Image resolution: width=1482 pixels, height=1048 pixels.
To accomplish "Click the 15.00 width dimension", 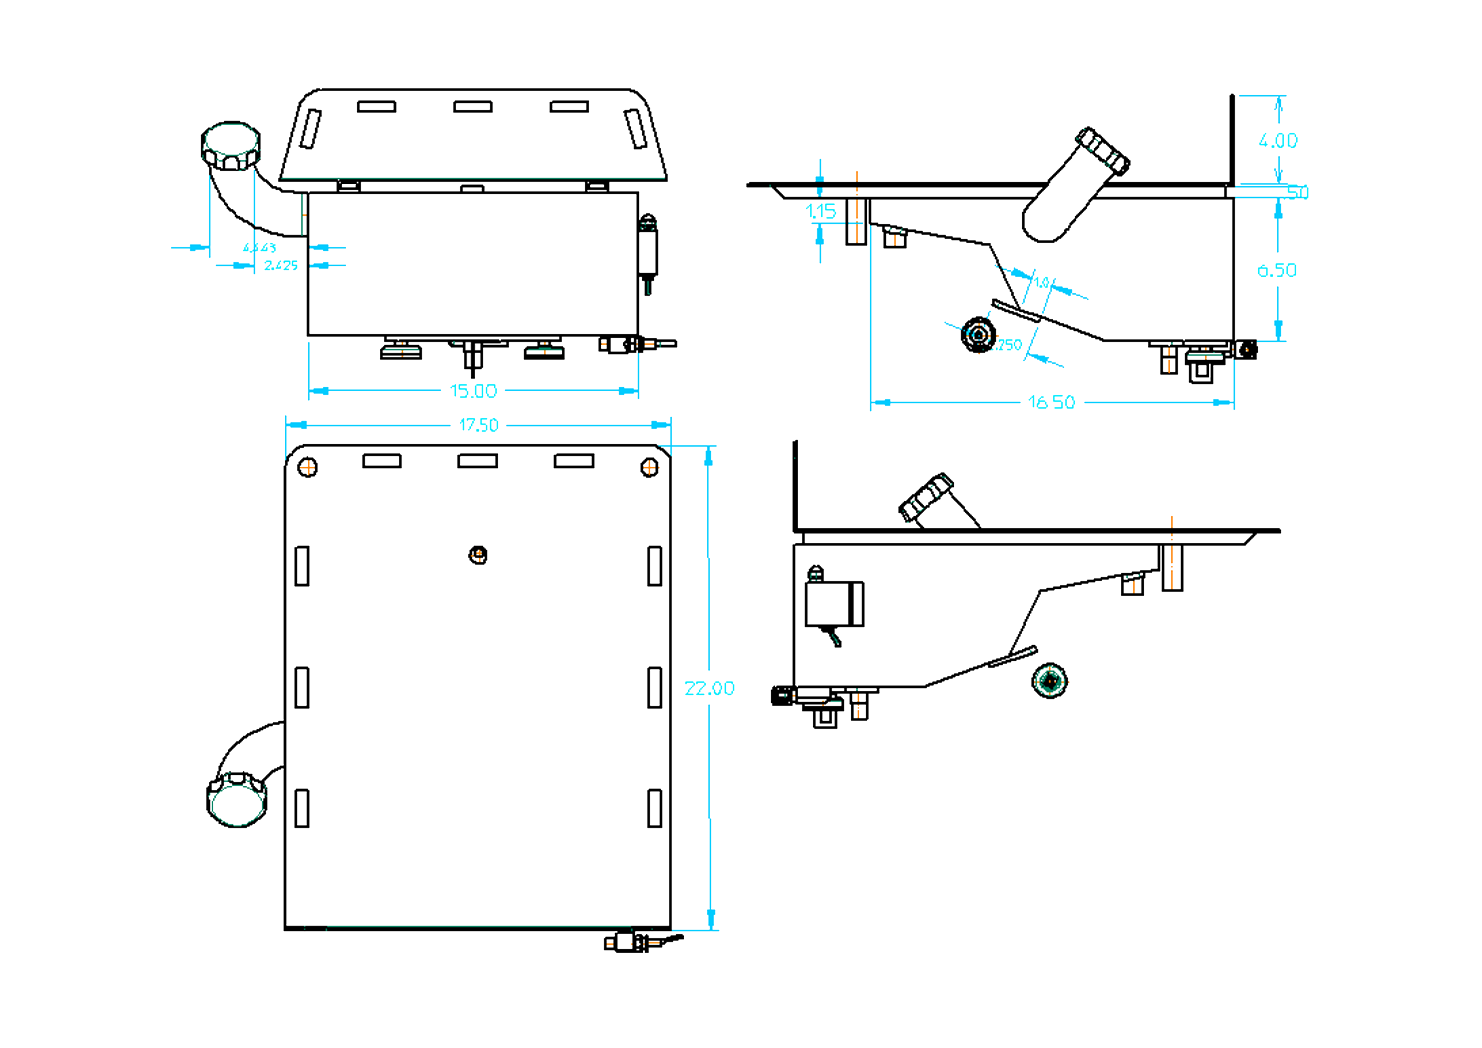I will (x=473, y=391).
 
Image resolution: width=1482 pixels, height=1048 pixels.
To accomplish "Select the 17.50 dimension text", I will (x=478, y=425).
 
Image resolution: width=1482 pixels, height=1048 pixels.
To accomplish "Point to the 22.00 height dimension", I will (x=709, y=688).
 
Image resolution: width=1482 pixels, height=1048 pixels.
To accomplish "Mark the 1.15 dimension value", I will (x=820, y=211).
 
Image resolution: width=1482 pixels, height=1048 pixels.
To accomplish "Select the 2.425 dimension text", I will (x=281, y=266).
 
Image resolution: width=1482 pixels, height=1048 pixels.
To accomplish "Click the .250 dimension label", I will (x=1009, y=345).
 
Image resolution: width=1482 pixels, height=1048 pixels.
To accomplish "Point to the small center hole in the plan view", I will (x=477, y=555).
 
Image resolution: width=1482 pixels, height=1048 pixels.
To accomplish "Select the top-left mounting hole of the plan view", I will (x=307, y=467).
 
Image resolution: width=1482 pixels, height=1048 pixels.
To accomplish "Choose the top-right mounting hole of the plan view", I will (x=649, y=467).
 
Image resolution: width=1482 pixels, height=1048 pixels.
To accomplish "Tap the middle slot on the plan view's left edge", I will (x=301, y=687).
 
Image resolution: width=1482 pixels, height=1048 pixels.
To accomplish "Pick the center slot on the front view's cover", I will (x=473, y=107).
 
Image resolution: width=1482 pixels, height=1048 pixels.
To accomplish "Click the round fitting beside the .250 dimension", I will (x=978, y=335).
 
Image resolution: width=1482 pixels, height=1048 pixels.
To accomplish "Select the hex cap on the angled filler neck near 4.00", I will (x=1103, y=151).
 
